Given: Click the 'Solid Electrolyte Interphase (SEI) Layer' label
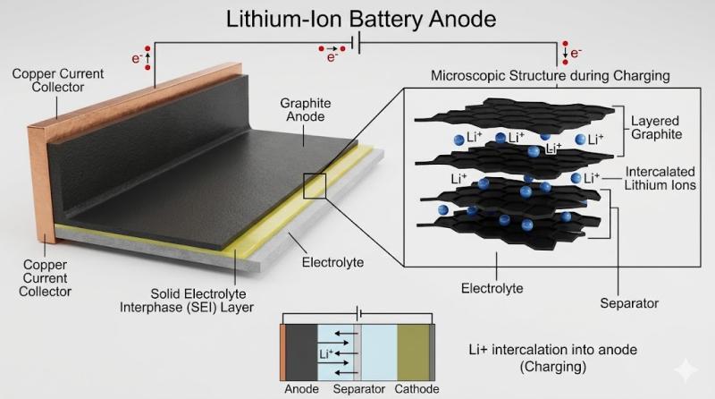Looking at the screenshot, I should [201, 301].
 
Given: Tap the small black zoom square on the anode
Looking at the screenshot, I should [315, 186].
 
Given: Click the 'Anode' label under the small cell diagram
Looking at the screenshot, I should [301, 390].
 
